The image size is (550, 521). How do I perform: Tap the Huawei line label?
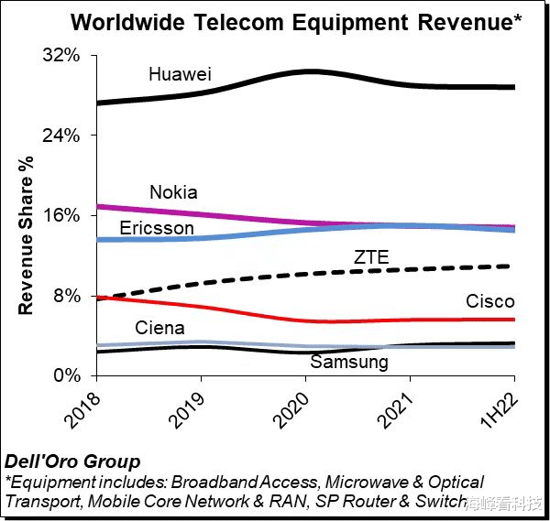180,73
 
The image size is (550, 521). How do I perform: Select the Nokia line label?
173,192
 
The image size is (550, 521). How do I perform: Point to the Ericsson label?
157,227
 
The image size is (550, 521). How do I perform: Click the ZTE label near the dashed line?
371,257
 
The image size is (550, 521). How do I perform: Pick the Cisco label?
489,301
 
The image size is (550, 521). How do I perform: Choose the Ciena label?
159,328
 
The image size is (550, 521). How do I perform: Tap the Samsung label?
349,362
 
